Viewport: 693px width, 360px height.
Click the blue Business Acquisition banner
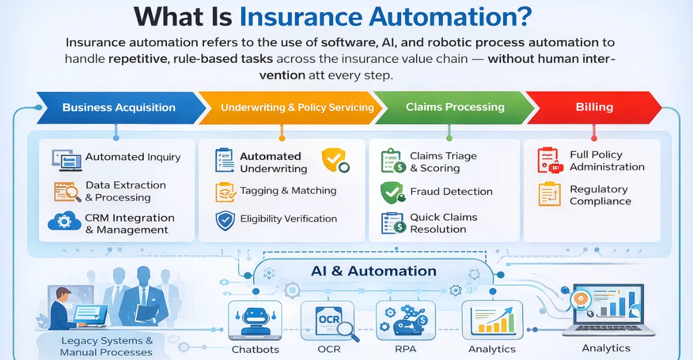[119, 107]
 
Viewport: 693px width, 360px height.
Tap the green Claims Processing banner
[455, 107]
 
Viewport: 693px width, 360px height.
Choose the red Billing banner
[594, 107]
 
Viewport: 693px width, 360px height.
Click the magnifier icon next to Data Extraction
[66, 191]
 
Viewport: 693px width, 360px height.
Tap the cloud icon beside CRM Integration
[64, 223]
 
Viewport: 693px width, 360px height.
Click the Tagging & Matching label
[288, 191]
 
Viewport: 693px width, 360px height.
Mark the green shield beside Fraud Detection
[392, 192]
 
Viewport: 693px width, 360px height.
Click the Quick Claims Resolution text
[444, 223]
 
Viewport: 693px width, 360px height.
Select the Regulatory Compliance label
[600, 195]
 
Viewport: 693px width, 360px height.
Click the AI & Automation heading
[373, 271]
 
